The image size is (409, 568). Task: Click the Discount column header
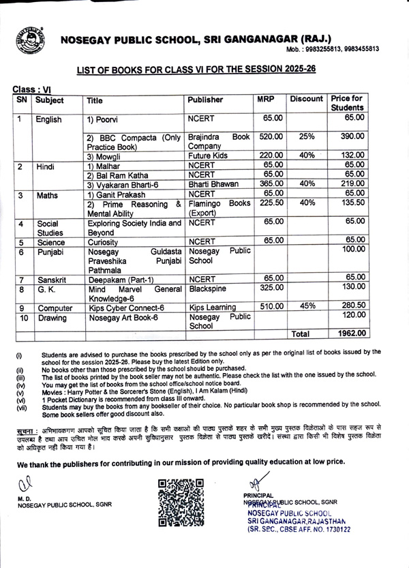[x=306, y=100]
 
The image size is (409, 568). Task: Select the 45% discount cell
[x=306, y=308]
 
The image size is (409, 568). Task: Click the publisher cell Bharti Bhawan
[x=214, y=183]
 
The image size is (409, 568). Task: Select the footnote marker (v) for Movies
[x=19, y=393]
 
